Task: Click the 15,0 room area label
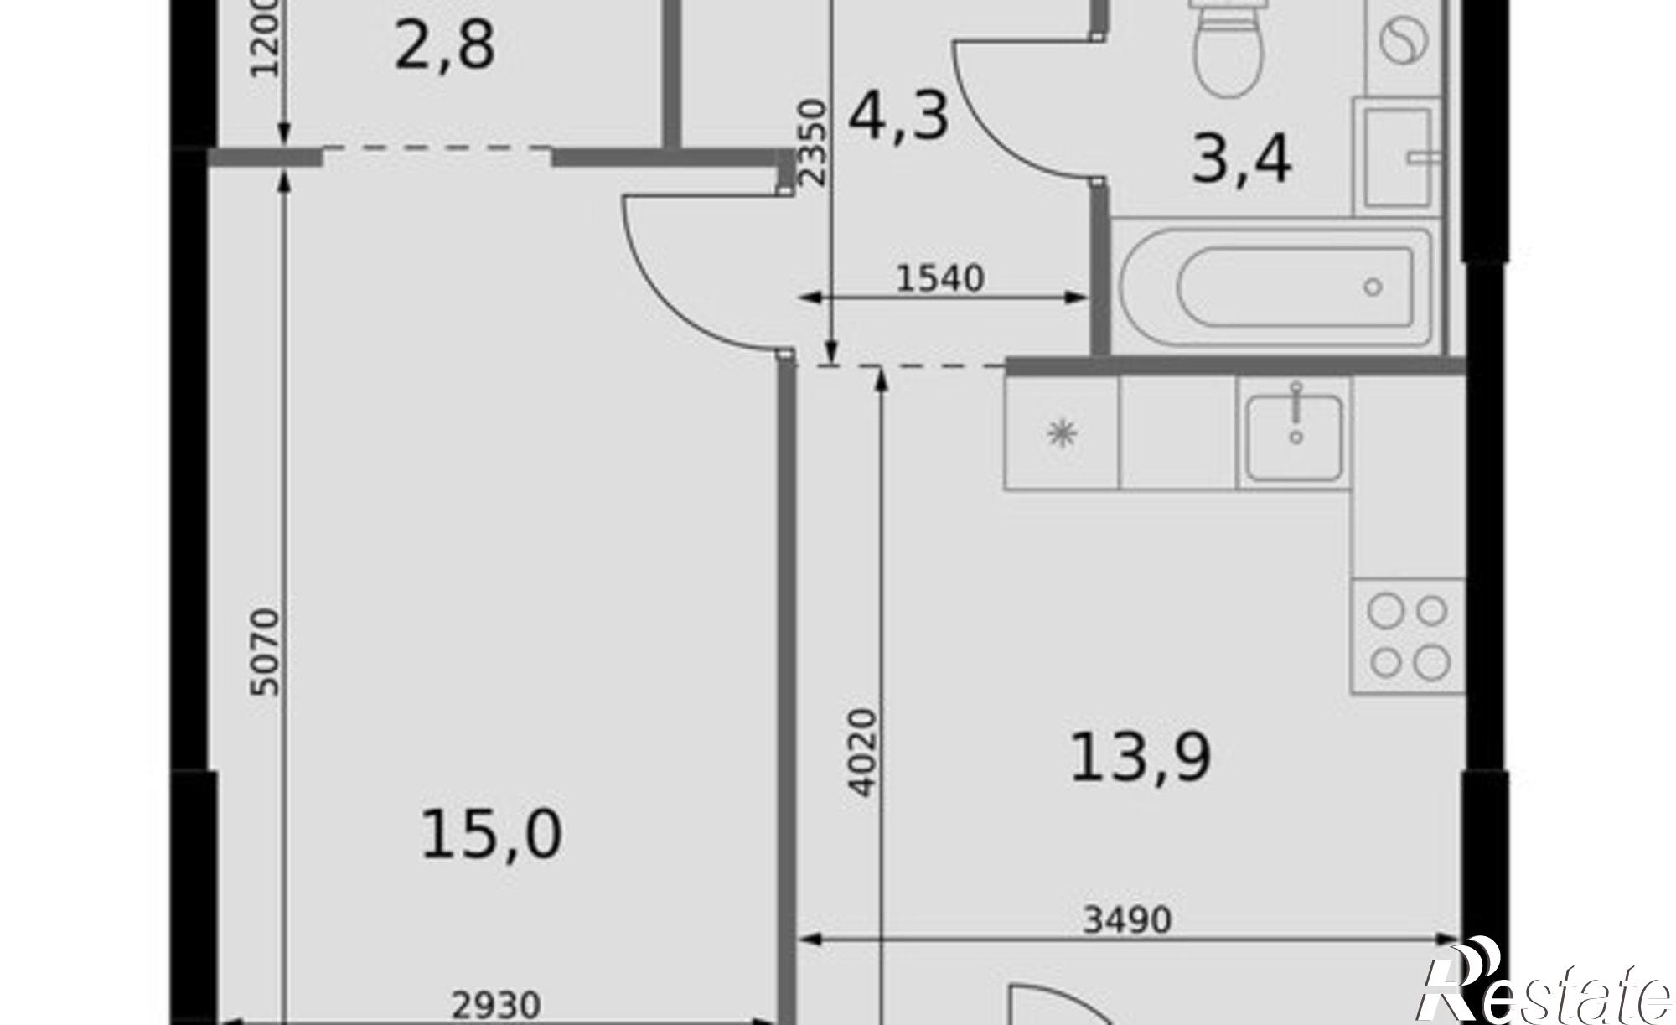491,835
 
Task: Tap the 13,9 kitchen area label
1141,758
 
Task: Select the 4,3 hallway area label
898,116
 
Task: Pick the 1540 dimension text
939,278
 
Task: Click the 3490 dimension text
1126,919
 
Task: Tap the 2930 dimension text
496,1006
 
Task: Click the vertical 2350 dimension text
813,142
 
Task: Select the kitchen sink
1294,436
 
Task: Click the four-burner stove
1408,635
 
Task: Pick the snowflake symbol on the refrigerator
1062,433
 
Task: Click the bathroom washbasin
1397,158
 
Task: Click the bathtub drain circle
1373,287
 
